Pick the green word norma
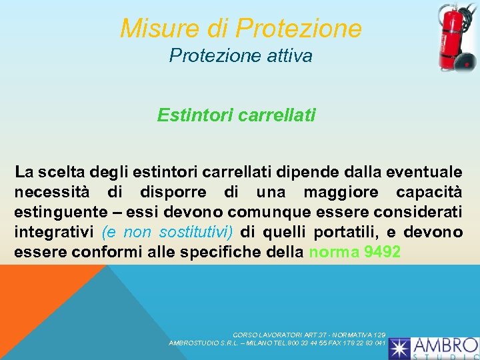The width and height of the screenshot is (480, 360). [331, 253]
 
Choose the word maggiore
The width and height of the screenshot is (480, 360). [344, 193]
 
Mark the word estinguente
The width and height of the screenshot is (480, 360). [55, 213]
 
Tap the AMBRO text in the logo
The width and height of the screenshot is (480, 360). [445, 345]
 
